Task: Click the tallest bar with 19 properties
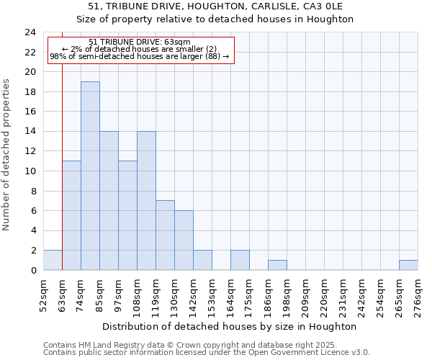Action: click(90, 176)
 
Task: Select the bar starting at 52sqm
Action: click(53, 260)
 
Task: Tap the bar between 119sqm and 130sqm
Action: click(165, 235)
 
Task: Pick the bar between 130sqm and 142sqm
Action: click(184, 240)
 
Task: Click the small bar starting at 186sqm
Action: click(277, 265)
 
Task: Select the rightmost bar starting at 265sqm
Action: click(408, 265)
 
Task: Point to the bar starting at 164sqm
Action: click(240, 260)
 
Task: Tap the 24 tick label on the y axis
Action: click(30, 32)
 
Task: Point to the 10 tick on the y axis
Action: click(30, 171)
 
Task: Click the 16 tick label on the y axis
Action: click(30, 112)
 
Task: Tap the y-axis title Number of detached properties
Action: click(7, 156)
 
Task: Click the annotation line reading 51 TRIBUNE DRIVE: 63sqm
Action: click(140, 42)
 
